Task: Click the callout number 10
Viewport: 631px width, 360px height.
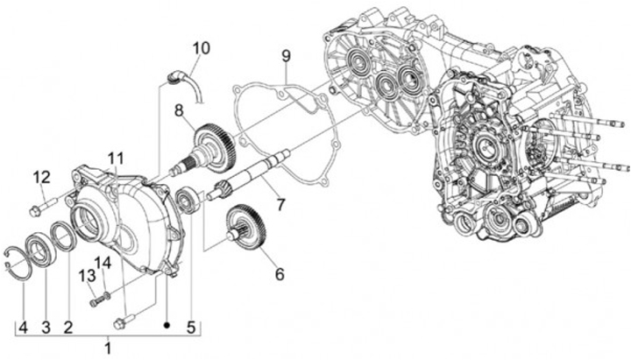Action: pos(202,48)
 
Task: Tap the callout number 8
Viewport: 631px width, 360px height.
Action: pos(178,111)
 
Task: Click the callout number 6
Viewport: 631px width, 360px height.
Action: pos(280,273)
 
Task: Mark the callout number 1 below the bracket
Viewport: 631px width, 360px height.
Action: pos(108,347)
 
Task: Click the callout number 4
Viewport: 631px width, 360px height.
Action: pos(23,327)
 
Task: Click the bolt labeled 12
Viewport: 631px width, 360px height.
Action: pos(38,208)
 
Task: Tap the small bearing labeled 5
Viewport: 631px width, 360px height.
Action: pos(187,201)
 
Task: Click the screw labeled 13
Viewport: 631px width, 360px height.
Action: pos(96,301)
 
